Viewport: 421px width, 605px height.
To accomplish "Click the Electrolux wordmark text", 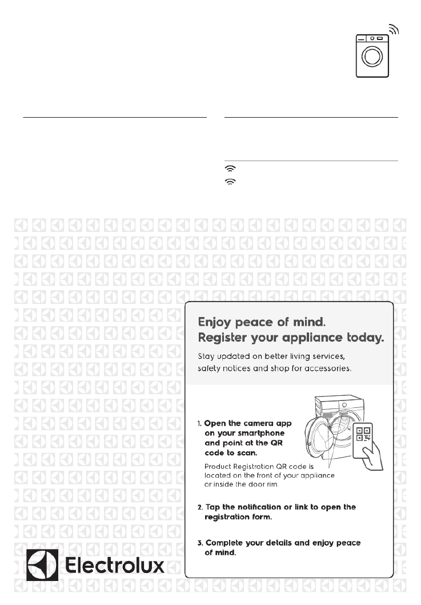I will [116, 565].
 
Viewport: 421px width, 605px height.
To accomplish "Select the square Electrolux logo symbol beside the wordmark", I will [42, 565].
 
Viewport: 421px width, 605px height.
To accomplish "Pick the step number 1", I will [200, 424].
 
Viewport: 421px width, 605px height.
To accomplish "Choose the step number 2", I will [200, 507].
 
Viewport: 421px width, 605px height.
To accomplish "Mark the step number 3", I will [200, 543].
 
